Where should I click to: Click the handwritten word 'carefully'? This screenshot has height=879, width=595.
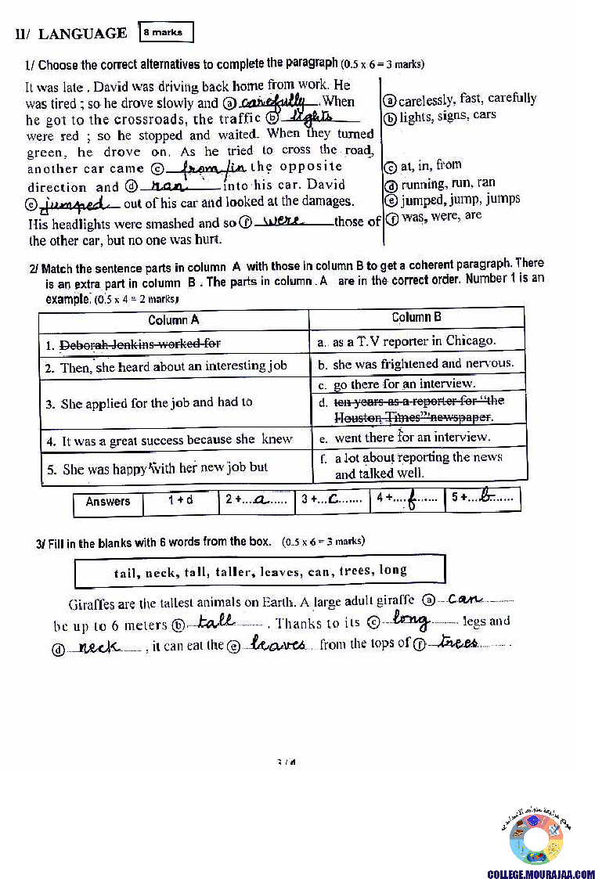pyautogui.click(x=272, y=102)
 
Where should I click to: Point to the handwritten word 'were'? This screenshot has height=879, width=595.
pyautogui.click(x=284, y=222)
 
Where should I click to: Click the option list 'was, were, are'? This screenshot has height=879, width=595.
pyautogui.click(x=440, y=215)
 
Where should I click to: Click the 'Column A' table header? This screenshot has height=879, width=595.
pyautogui.click(x=173, y=319)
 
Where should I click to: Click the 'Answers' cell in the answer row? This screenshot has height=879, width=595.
pyautogui.click(x=108, y=502)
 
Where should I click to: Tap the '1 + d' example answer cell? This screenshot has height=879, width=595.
pyautogui.click(x=180, y=501)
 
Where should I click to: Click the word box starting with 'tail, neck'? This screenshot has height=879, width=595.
pyautogui.click(x=260, y=571)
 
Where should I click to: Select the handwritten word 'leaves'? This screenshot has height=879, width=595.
pyautogui.click(x=277, y=643)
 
